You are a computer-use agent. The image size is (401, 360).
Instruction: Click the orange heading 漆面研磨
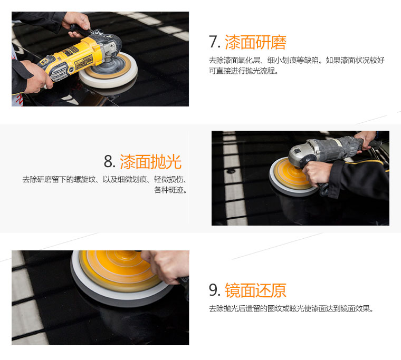pos(255,42)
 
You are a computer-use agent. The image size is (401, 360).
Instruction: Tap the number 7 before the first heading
pos(214,42)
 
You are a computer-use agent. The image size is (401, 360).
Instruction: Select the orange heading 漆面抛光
pos(150,162)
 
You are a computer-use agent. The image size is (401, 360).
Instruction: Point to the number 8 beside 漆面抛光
pos(109,161)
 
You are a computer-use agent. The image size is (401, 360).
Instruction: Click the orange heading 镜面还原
pos(255,290)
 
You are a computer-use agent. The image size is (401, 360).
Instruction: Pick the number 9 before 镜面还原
pos(214,290)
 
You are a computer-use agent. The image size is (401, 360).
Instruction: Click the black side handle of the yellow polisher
pos(79,30)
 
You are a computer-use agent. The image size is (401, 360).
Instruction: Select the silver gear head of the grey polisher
pos(302,154)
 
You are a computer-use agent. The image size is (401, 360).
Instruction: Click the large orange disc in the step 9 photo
pos(119,270)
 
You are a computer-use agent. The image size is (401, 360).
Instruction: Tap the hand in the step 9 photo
pos(166,266)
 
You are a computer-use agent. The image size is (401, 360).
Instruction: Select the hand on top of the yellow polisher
pos(77,23)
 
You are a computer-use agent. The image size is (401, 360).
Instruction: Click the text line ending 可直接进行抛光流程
pos(243,71)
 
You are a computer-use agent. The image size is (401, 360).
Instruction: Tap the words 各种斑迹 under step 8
pos(170,190)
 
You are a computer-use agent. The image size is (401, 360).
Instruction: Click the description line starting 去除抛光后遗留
pos(291,309)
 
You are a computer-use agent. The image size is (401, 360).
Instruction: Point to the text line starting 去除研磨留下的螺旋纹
pos(105,179)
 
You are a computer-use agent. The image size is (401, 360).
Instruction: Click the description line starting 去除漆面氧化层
pos(297,60)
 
